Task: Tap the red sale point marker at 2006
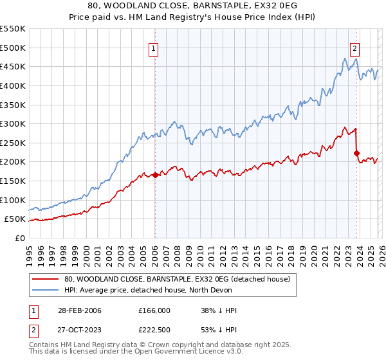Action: click(x=155, y=175)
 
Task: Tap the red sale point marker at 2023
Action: click(x=356, y=153)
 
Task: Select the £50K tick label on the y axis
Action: click(x=15, y=219)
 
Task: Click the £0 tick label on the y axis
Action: click(x=19, y=238)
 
